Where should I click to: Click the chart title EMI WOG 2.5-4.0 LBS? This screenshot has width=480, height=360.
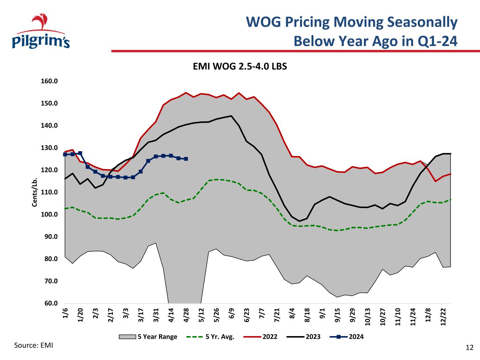coord(240,66)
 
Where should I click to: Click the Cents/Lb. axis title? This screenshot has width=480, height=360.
coord(35,192)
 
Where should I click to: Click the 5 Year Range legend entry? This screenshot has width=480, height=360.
coord(148,337)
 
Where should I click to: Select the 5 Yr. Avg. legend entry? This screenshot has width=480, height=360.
coord(210,337)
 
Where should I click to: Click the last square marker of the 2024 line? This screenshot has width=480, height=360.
coord(186,159)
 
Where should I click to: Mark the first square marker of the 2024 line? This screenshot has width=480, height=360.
coord(65,154)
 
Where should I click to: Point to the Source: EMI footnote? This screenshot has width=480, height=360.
coord(33,345)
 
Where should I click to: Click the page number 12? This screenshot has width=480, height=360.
coord(469,348)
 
